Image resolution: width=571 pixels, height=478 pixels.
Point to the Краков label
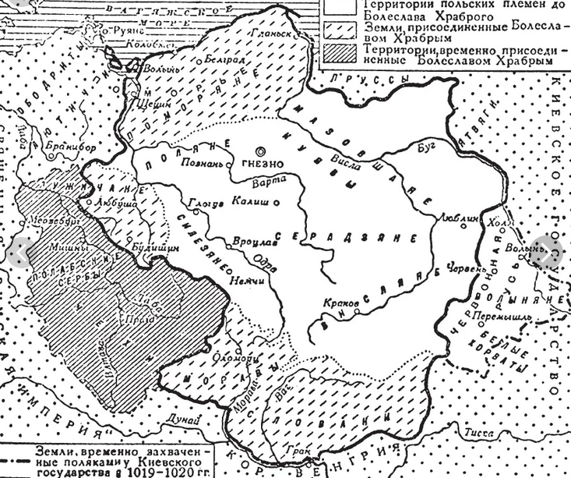click(344, 301)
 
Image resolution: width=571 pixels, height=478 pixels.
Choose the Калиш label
click(251, 200)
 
